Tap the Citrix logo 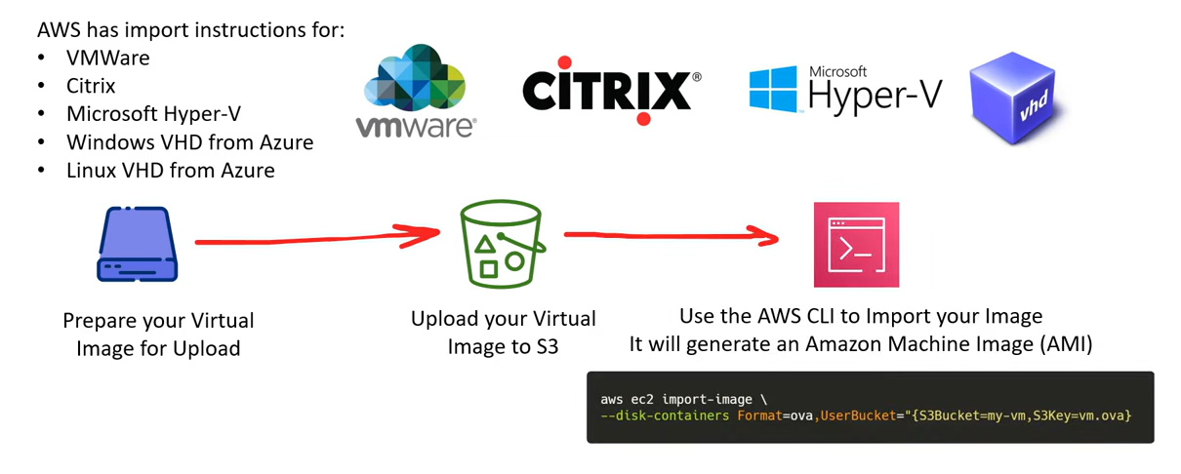[612, 91]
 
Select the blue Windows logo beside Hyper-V [773, 89]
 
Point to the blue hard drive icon [137, 244]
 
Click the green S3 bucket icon [502, 243]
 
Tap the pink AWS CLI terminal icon [856, 245]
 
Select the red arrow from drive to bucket [317, 239]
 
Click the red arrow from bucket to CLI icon [671, 235]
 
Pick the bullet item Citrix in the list [91, 86]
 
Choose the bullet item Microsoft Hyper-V [153, 114]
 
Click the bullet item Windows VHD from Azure [189, 142]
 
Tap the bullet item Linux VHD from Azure [170, 170]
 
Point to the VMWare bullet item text [108, 58]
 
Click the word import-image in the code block [707, 399]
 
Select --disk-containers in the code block [665, 415]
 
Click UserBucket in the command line [858, 415]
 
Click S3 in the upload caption [548, 346]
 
